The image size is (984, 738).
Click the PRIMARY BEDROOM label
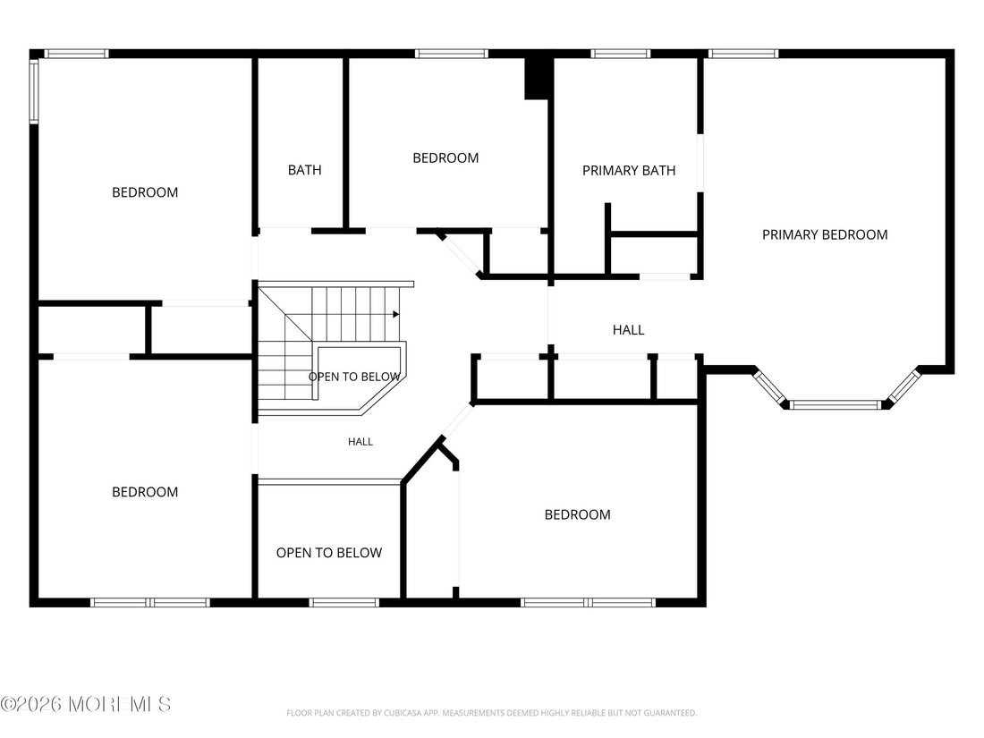[825, 234]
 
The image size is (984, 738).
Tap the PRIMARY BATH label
[629, 171]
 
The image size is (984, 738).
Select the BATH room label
[304, 170]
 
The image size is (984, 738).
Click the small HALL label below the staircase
[361, 442]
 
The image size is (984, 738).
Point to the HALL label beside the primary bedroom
[628, 330]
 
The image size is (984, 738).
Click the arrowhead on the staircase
[396, 314]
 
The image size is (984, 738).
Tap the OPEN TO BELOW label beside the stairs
[354, 377]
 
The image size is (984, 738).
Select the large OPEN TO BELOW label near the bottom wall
[329, 553]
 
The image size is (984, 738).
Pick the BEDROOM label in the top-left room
[145, 192]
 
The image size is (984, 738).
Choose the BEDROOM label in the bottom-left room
[145, 492]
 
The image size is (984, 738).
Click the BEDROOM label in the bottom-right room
[577, 514]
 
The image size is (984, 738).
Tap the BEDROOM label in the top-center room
[445, 158]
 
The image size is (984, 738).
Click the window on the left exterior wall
[34, 90]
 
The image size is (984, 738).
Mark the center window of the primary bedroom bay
[836, 404]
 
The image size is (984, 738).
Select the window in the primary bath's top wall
[620, 54]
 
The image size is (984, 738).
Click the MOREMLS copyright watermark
[86, 704]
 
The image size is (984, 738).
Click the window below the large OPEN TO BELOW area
[344, 603]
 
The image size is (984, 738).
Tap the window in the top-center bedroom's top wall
[451, 54]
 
